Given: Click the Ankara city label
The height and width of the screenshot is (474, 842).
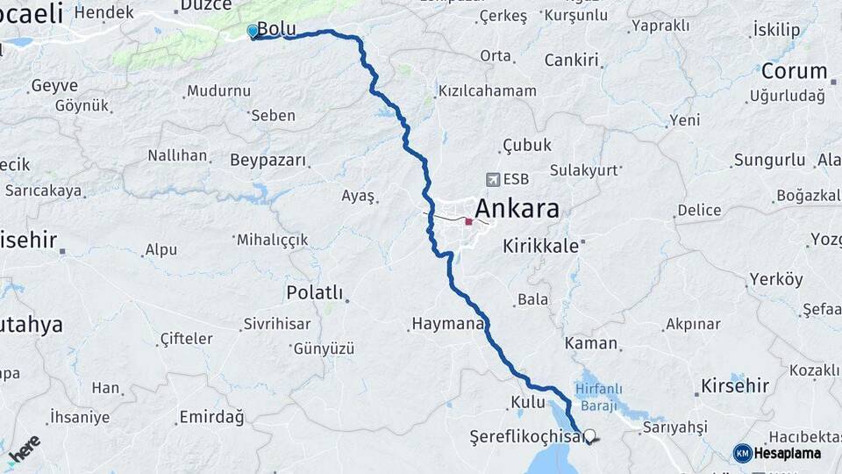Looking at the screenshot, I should [517, 210].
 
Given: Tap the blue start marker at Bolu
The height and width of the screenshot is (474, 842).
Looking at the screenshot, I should [253, 32].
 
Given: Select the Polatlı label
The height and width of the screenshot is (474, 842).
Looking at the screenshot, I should [315, 292].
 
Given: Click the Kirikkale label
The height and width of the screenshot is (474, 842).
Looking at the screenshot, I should [540, 247].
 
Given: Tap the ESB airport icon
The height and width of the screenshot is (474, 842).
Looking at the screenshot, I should [492, 179].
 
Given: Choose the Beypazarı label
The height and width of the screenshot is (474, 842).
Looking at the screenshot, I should [268, 161].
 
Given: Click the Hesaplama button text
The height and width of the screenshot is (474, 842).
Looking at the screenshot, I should [788, 453].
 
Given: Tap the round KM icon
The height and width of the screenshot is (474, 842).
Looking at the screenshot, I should [742, 453].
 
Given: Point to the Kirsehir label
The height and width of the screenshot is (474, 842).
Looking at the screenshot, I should [735, 385].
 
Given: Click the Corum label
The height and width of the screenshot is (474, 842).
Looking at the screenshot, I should [794, 71].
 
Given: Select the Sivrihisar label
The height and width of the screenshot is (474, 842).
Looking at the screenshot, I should [277, 324].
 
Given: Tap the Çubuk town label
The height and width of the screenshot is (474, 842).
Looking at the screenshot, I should [526, 145].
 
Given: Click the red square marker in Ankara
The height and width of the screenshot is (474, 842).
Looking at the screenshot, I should [468, 221].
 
